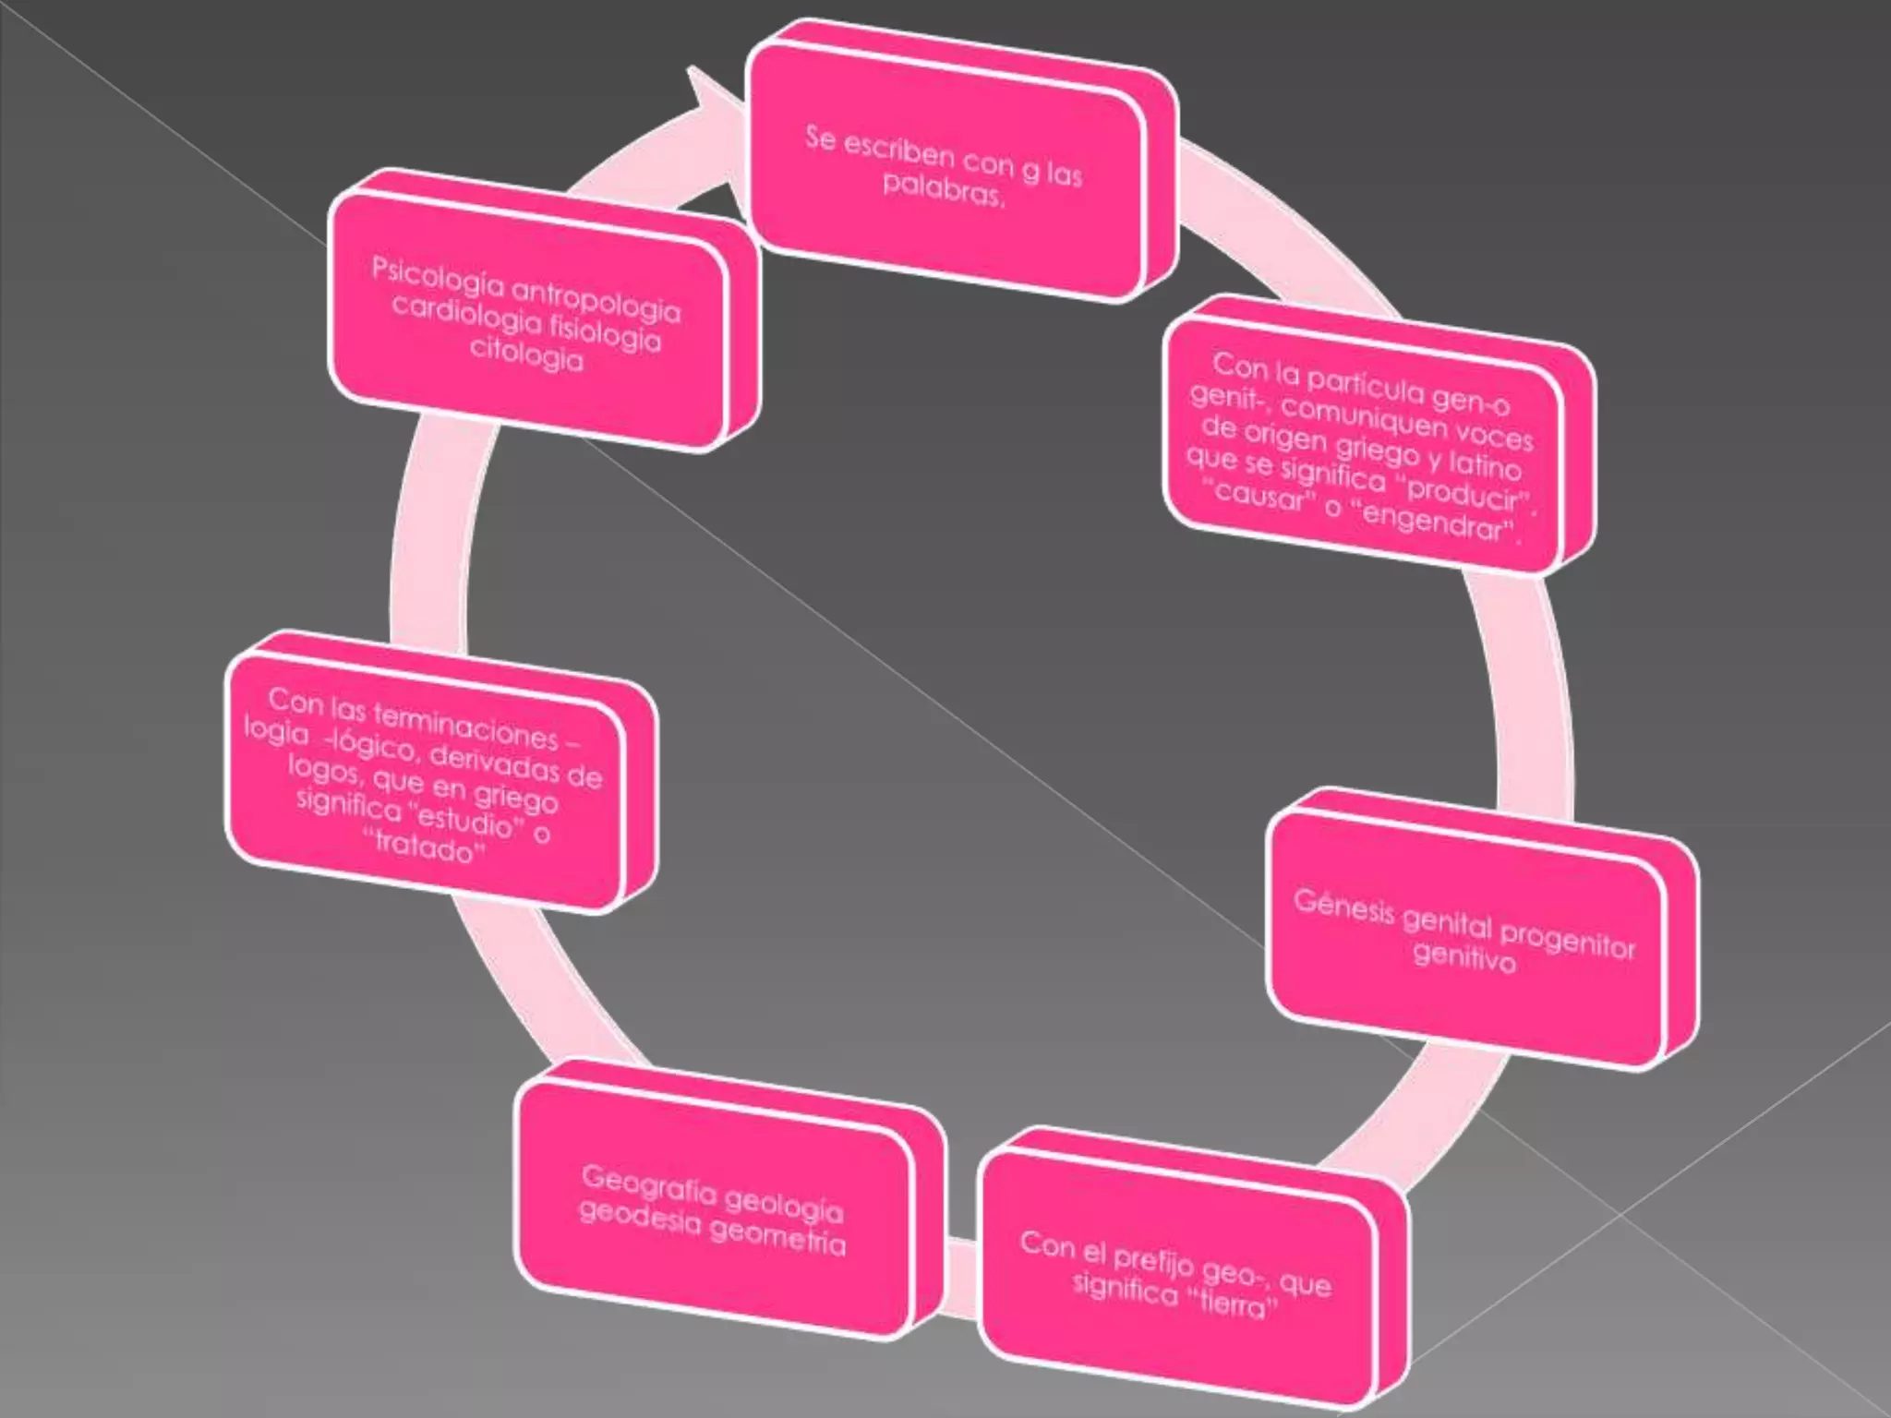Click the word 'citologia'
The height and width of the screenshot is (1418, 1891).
[526, 354]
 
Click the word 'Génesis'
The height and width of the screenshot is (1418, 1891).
[1343, 906]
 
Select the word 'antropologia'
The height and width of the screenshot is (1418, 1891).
[596, 297]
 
